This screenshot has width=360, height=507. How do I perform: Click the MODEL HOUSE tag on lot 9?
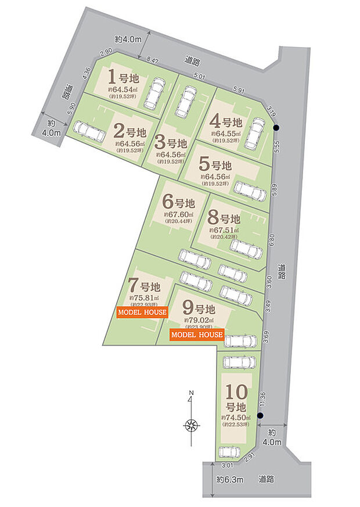(196, 335)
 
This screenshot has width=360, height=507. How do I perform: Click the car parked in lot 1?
(153, 94)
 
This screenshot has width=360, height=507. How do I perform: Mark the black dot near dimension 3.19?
(276, 128)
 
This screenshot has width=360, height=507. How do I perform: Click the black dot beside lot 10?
(260, 415)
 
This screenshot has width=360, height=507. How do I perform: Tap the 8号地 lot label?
(223, 219)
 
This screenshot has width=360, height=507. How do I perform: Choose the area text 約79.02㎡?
(199, 320)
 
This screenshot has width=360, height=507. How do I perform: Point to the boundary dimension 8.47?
(153, 59)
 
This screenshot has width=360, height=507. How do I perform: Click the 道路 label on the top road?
(193, 59)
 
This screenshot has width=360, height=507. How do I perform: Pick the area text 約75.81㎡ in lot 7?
(143, 298)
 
